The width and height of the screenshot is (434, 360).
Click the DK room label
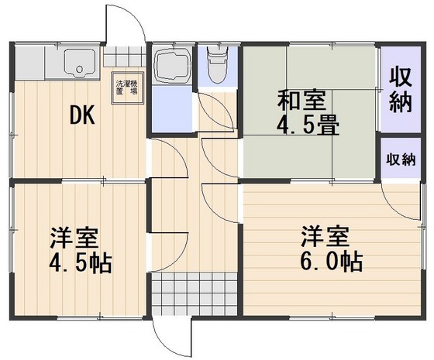(82, 115)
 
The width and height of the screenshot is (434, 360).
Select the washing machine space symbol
(127, 87)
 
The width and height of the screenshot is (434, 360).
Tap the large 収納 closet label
(400, 90)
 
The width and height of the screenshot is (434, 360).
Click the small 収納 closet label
(401, 159)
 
